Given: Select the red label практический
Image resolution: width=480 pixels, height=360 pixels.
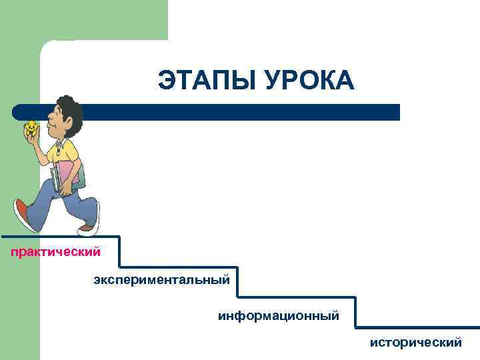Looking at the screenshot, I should [55, 252].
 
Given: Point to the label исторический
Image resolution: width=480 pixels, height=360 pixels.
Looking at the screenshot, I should [416, 343].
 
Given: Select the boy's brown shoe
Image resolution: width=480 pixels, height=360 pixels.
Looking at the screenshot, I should [87, 229].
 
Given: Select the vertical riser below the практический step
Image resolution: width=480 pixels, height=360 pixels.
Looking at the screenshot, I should [120, 252].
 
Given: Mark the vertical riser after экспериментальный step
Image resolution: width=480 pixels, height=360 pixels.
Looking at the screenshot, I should [237, 283].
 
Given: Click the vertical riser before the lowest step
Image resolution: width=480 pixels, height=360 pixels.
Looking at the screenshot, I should [355, 312].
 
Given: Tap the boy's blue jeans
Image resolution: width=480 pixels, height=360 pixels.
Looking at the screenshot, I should [73, 200].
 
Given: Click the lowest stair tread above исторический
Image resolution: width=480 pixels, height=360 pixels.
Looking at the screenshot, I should [417, 327].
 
